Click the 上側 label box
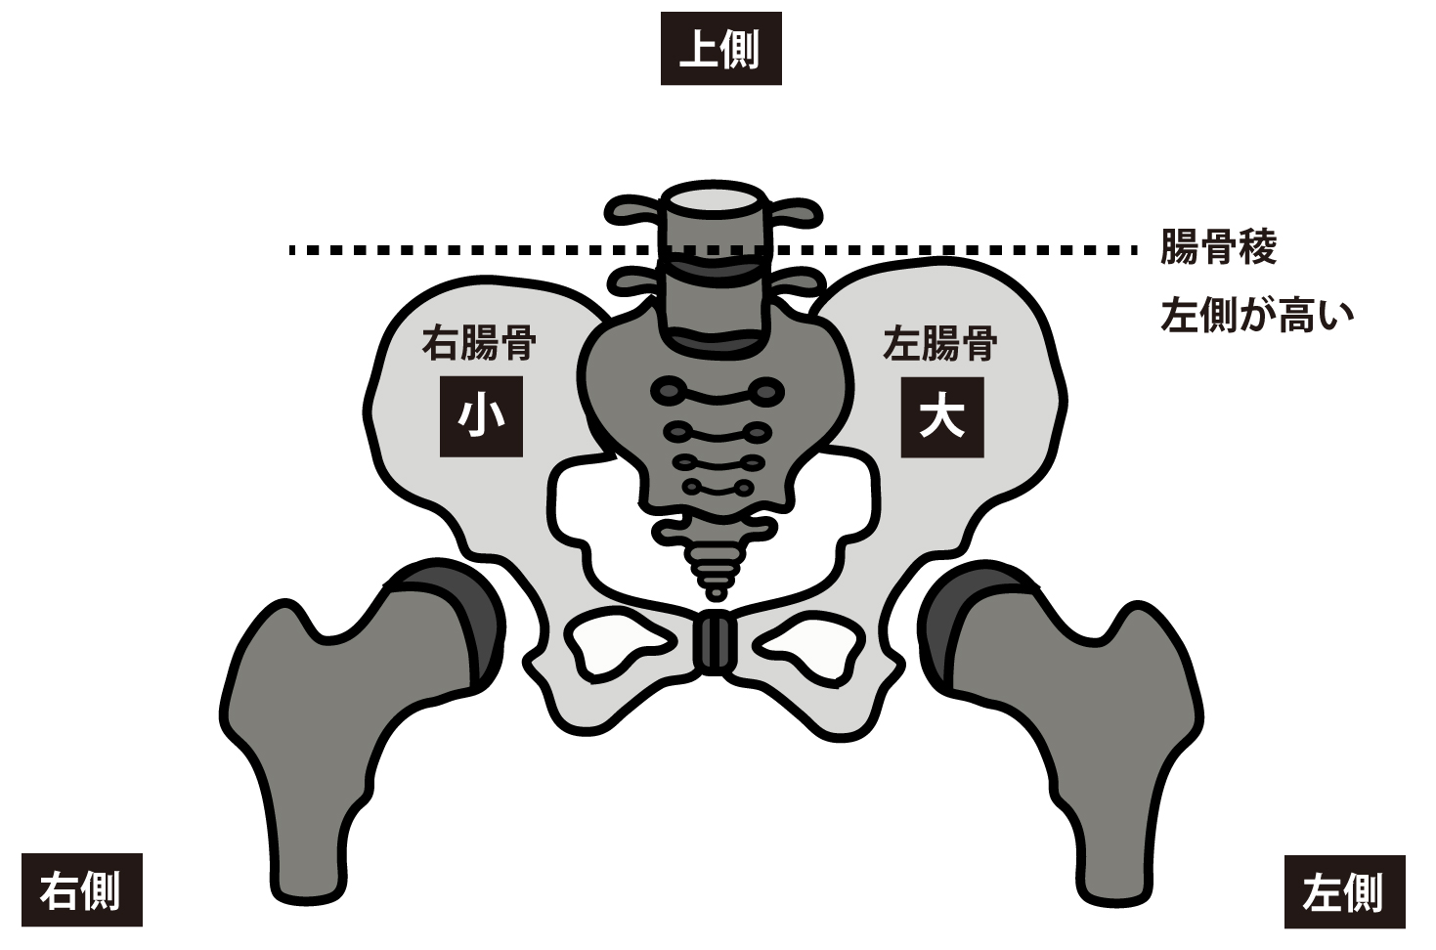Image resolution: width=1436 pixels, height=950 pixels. click(720, 49)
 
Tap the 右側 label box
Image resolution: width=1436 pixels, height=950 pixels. click(81, 889)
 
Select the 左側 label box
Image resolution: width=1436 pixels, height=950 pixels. click(1344, 890)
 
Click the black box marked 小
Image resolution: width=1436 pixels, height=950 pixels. click(480, 417)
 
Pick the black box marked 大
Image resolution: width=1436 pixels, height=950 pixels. click(941, 417)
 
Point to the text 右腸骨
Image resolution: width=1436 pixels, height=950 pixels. click(479, 344)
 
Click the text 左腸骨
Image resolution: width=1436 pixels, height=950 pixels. click(940, 344)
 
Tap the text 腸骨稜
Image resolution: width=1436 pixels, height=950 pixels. click(1218, 248)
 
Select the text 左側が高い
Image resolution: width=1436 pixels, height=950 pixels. click(1257, 316)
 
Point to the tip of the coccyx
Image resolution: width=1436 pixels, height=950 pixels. click(717, 591)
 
